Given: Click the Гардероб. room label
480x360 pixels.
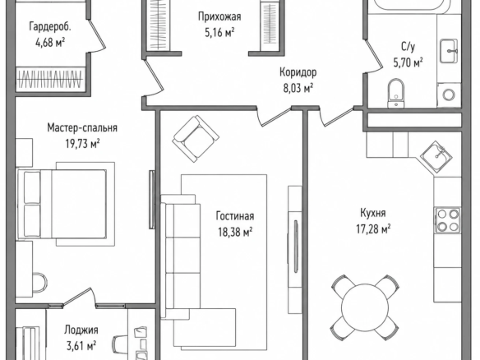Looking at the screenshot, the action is [50, 26].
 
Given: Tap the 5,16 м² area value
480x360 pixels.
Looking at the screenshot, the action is [219, 32].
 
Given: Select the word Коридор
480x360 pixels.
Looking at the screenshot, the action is [298, 72].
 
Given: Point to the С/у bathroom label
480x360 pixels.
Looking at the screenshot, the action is [408, 47].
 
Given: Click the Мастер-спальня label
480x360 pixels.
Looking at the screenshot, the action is [82, 127].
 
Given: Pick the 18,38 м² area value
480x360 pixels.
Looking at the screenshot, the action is [235, 232].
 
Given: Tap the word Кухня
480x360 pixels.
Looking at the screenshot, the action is [372, 212].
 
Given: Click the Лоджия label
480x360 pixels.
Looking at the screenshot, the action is [81, 330].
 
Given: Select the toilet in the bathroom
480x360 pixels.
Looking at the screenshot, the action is [396, 93].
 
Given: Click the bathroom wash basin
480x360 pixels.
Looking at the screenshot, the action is [449, 51].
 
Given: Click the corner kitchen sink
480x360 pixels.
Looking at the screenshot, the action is [436, 155].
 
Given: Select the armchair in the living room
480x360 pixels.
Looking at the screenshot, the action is [196, 139].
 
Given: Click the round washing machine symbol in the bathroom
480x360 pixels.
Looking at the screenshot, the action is [449, 95].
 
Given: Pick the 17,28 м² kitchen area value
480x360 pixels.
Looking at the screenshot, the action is [373, 228].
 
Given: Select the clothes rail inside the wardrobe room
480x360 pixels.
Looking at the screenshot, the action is [49, 79].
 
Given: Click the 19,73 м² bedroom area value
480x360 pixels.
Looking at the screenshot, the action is [82, 144].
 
